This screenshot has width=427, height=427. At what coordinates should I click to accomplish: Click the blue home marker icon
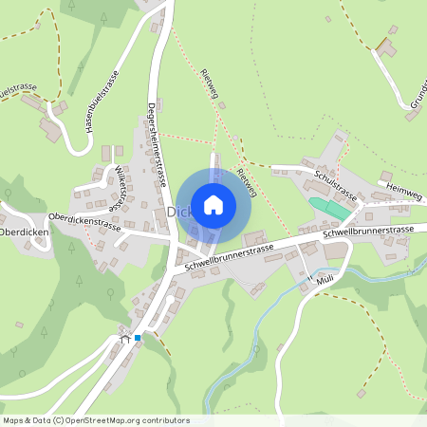click(x=213, y=204)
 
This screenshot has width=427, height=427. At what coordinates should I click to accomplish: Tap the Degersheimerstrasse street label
click(x=157, y=143)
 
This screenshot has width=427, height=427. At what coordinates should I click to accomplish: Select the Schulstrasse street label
click(x=334, y=183)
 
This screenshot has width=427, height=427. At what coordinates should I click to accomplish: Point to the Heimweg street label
click(x=404, y=193)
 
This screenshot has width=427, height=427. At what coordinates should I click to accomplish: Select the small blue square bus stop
click(x=138, y=337)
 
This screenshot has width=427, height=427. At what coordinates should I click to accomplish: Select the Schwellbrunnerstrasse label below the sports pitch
click(x=369, y=232)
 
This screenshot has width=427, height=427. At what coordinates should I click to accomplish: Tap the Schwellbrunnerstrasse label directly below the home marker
click(x=230, y=258)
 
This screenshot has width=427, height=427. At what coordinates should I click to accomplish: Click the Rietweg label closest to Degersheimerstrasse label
click(x=211, y=86)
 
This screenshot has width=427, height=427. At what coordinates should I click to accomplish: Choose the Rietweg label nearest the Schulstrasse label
click(x=247, y=178)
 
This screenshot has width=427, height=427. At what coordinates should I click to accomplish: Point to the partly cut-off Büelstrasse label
click(x=19, y=91)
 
